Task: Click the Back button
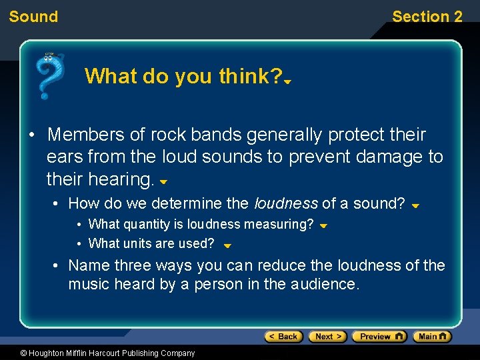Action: click(x=283, y=337)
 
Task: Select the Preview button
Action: click(x=379, y=337)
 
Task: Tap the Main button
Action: click(x=432, y=337)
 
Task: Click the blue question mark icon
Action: click(x=50, y=75)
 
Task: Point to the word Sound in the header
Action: click(x=33, y=17)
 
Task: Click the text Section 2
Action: click(x=427, y=17)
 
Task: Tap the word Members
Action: click(x=86, y=135)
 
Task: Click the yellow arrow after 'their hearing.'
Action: click(x=163, y=181)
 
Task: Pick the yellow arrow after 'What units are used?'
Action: click(x=227, y=245)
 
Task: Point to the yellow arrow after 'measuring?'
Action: click(x=323, y=226)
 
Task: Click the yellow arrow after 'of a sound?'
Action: click(x=415, y=206)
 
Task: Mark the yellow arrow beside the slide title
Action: click(x=288, y=82)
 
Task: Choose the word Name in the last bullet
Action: click(x=89, y=265)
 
